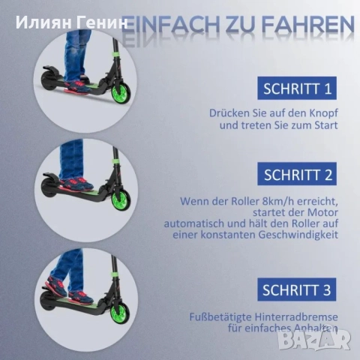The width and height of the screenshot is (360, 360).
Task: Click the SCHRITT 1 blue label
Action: [x=297, y=88]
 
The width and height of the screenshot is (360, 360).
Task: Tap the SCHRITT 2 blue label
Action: [x=297, y=174]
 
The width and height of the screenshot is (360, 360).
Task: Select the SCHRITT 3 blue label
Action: [x=297, y=289]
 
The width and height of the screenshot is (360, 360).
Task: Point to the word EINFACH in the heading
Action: [x=170, y=25]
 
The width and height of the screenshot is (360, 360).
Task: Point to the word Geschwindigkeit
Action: [x=298, y=235]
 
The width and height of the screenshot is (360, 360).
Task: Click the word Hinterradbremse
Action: [x=296, y=317]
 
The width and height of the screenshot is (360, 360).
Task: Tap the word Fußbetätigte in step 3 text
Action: [x=220, y=317]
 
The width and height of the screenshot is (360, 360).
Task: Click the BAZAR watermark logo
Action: [x=314, y=339]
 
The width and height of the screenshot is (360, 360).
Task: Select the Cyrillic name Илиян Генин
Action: [x=72, y=22]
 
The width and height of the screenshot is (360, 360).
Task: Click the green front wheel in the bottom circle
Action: [x=121, y=311]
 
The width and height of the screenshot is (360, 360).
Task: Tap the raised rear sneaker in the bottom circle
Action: [x=56, y=284]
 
